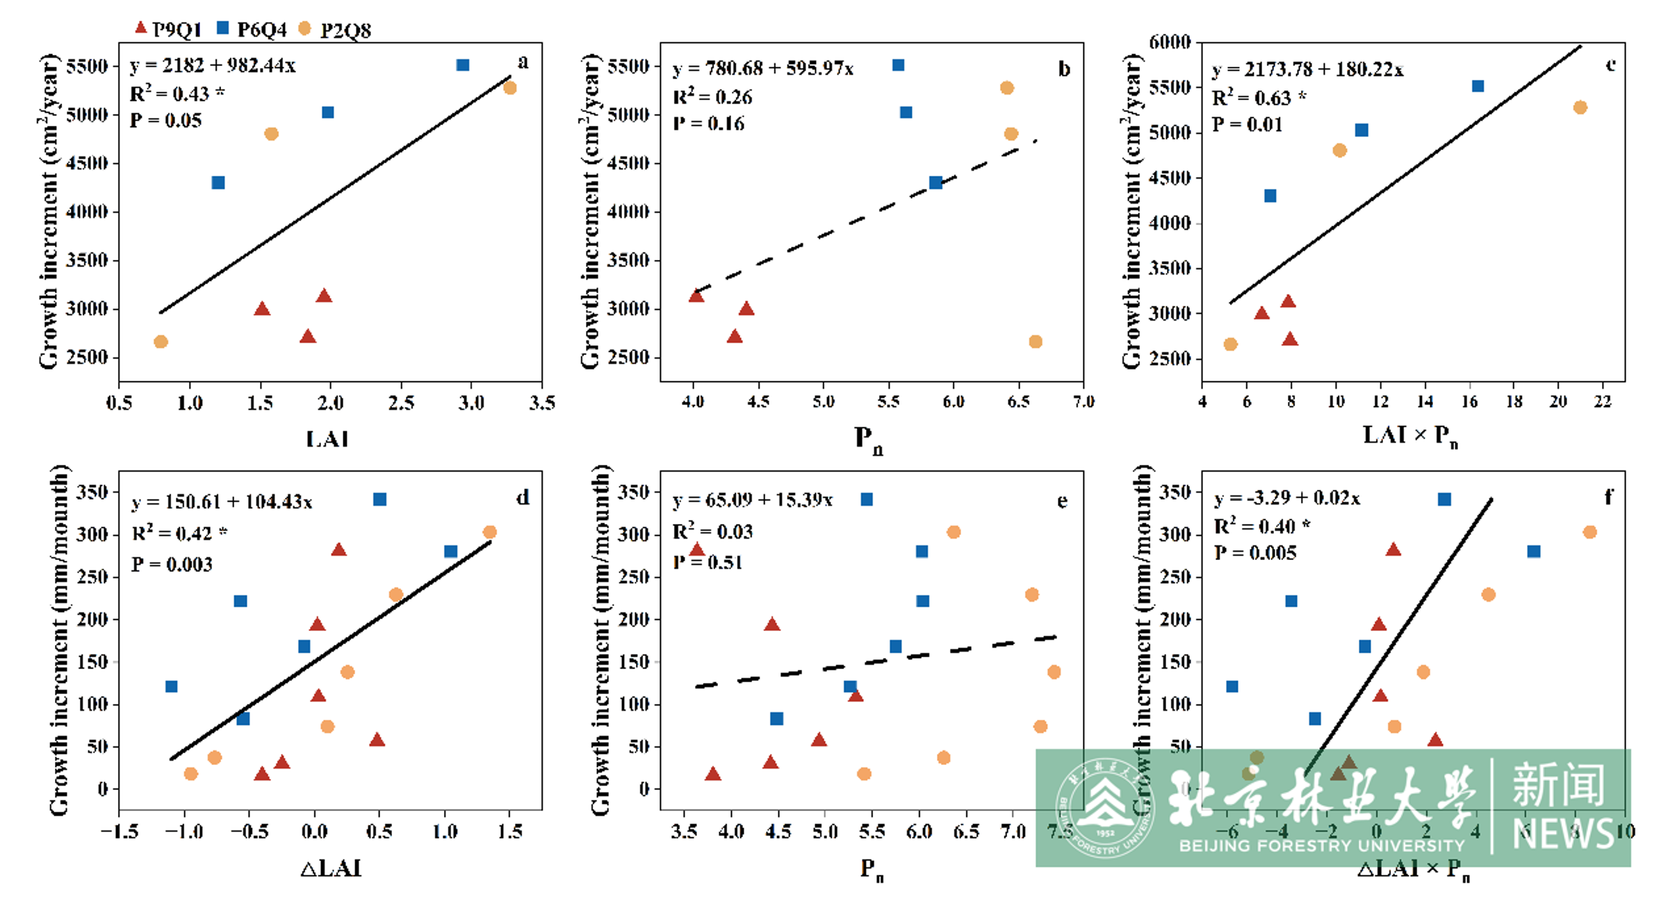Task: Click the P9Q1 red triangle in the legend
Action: pos(140,28)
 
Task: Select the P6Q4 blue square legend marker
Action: pos(223,28)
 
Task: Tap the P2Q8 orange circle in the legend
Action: pos(304,28)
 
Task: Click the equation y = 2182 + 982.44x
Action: pos(213,65)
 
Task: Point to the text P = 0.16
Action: pos(708,124)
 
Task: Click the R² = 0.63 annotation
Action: pos(1258,98)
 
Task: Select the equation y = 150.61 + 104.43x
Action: pos(222,502)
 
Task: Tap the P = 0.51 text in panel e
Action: pos(708,562)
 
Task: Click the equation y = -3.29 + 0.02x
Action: pos(1286,498)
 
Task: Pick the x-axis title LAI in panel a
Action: pos(327,439)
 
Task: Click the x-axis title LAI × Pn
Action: pos(1410,436)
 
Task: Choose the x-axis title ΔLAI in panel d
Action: pos(331,869)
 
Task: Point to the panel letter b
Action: pos(1064,69)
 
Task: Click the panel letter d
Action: pos(523,498)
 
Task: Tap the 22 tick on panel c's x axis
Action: pos(1603,402)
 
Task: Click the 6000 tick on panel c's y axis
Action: pos(1170,42)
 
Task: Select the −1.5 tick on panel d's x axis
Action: pos(119,832)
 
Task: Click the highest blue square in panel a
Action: pos(463,65)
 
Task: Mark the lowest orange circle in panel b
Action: pos(1036,342)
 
